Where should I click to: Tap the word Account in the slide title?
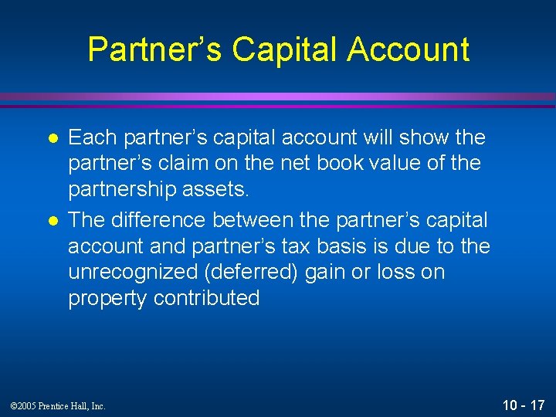(408, 49)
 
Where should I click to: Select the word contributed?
(206, 299)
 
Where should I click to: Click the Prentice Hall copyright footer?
(59, 405)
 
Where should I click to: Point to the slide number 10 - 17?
(524, 405)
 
